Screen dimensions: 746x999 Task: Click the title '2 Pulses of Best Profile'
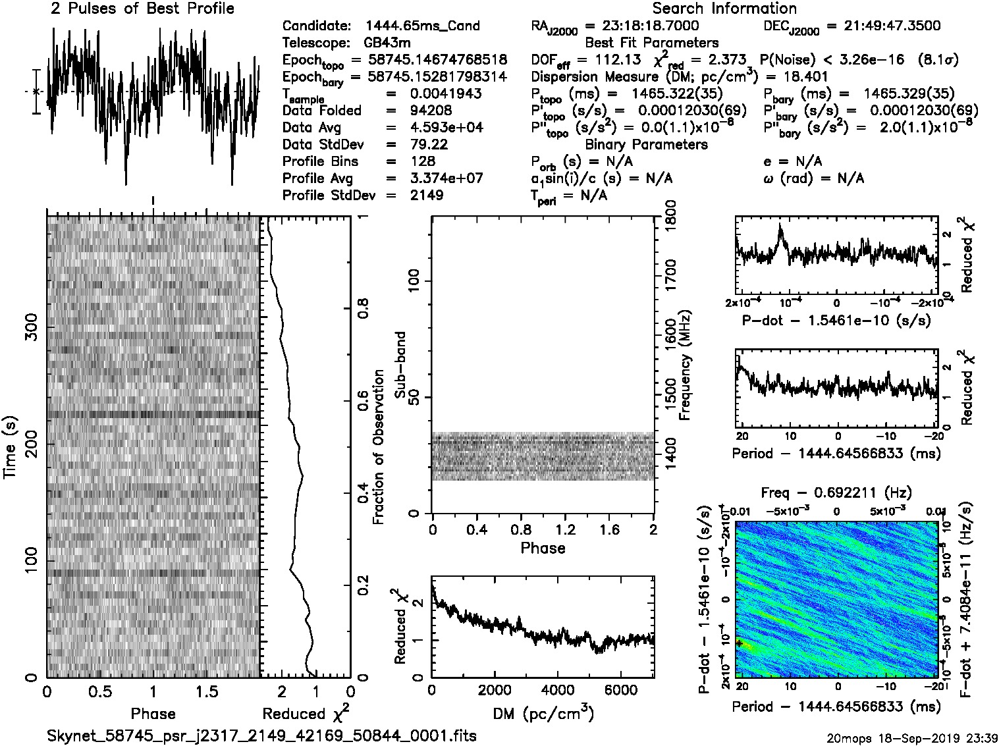[x=142, y=9]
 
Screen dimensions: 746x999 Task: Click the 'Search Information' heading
[x=724, y=9]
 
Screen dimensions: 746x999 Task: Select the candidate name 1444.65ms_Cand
[x=422, y=26]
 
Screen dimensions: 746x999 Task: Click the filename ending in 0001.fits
[x=261, y=735]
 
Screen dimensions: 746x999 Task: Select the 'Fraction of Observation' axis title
[x=379, y=447]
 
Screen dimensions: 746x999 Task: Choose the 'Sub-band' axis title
[x=400, y=365]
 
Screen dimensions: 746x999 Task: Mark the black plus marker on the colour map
[x=739, y=643]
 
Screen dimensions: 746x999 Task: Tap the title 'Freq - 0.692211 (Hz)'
[x=836, y=493]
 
